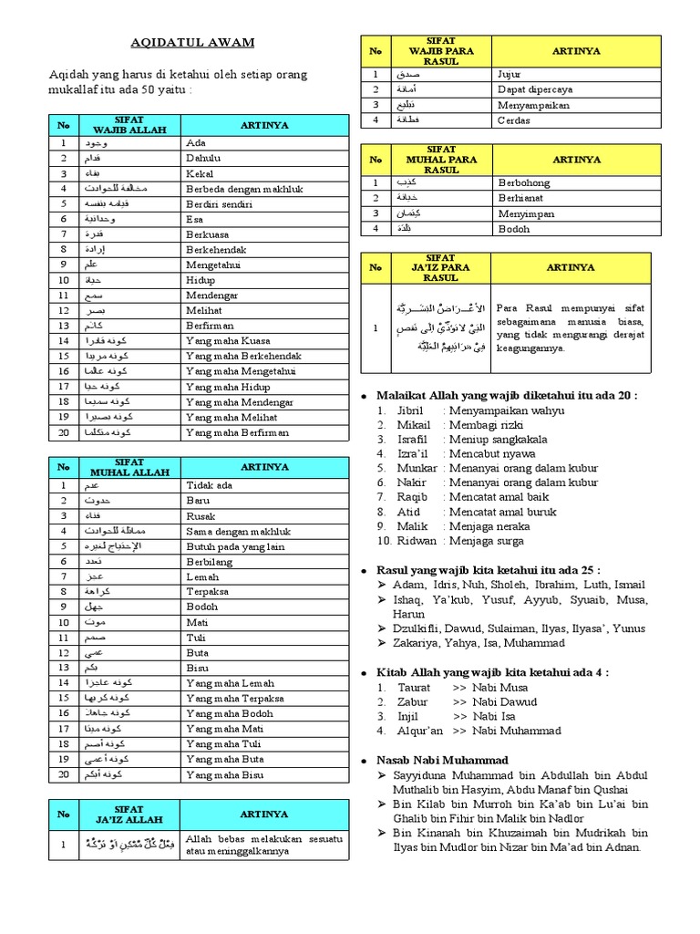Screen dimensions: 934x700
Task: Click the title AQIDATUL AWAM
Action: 192,42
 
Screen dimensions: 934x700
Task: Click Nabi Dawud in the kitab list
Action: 505,702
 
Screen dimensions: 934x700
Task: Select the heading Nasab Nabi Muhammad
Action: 443,760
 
